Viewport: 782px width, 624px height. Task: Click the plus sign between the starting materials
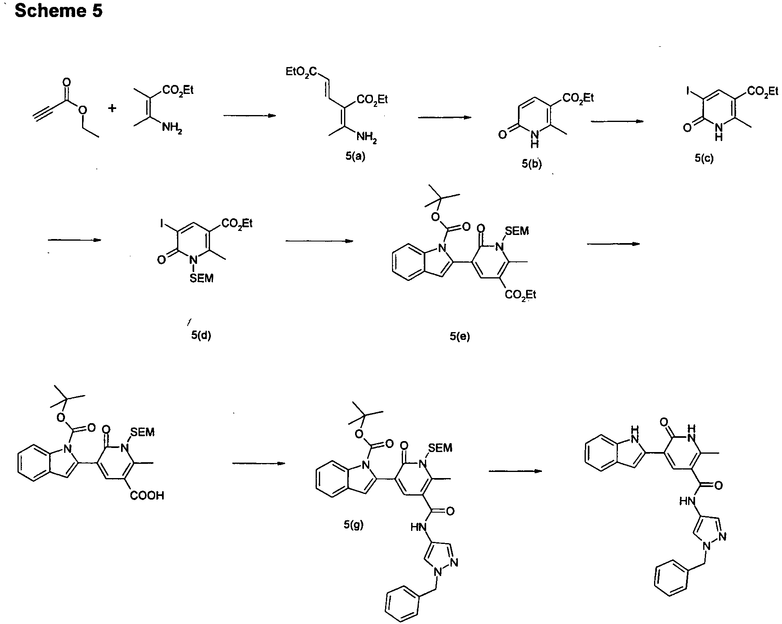click(112, 108)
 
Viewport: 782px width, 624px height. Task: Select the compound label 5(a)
click(355, 156)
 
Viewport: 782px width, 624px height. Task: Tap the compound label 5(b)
click(532, 164)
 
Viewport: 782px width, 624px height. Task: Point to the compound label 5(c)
click(704, 159)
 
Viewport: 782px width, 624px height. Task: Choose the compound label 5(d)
click(201, 336)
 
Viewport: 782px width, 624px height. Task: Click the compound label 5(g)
click(353, 525)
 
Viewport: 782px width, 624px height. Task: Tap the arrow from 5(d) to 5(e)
click(319, 241)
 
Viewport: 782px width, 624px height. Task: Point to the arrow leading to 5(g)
click(258, 463)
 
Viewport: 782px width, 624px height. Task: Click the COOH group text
click(147, 495)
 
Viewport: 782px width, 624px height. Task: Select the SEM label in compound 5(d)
click(201, 279)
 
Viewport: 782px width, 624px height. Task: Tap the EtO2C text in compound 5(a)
click(301, 72)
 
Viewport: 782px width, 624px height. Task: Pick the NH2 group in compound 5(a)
click(367, 138)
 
